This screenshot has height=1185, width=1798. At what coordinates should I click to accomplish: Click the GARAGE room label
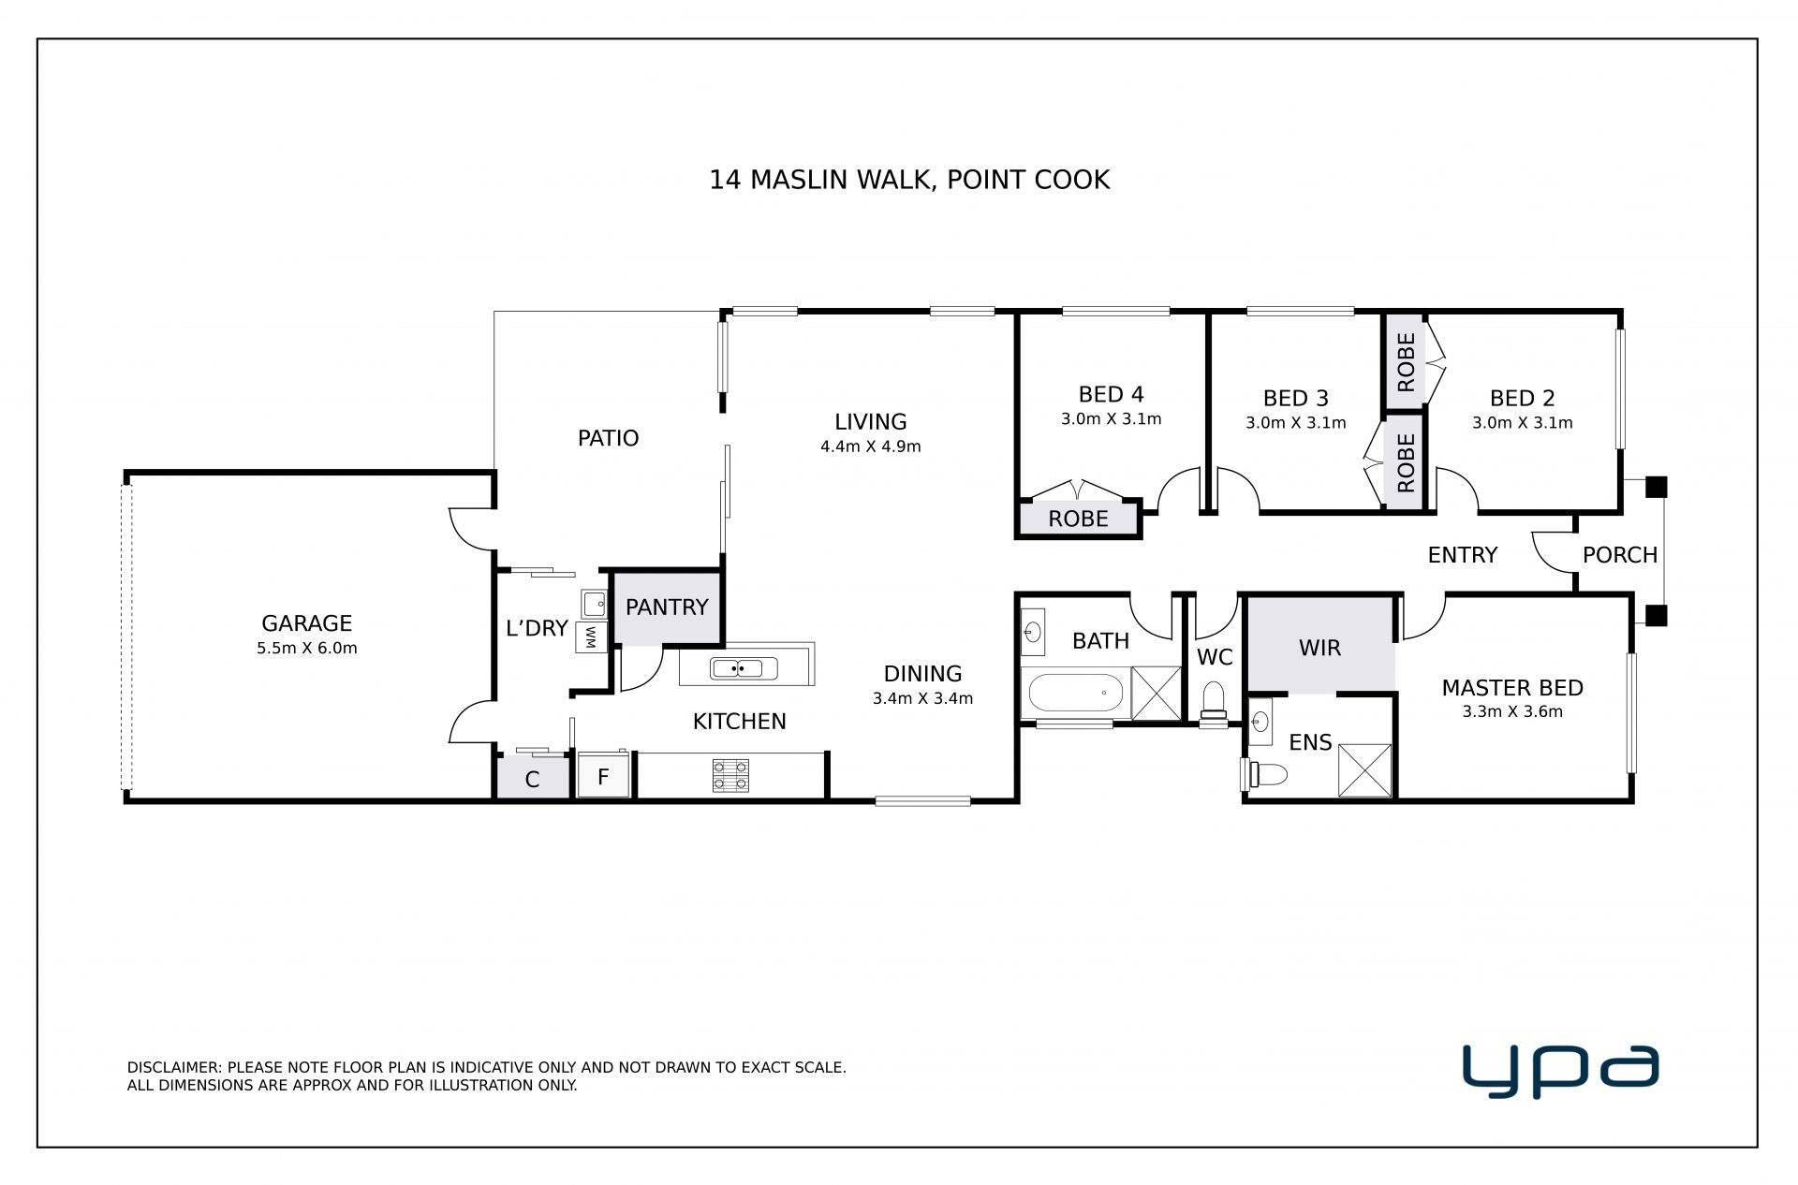(x=306, y=623)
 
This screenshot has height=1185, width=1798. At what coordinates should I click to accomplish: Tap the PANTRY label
(x=667, y=607)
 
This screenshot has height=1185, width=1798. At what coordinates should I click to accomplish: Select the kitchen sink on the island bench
(x=744, y=668)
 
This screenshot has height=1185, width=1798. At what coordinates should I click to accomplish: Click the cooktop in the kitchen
(x=730, y=775)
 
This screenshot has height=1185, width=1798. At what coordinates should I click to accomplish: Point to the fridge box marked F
(x=603, y=775)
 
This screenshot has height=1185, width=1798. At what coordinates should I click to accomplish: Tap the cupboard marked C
(x=532, y=777)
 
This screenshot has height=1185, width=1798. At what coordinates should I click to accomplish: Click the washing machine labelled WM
(x=591, y=637)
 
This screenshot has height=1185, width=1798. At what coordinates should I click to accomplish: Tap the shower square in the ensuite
(x=1365, y=770)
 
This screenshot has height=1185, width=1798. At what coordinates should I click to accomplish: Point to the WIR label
(x=1319, y=648)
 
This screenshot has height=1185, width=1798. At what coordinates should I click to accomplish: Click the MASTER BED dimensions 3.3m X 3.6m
(x=1512, y=711)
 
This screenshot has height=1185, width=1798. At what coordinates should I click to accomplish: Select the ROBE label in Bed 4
(x=1078, y=519)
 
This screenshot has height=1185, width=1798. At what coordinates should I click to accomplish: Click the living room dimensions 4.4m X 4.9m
(x=871, y=446)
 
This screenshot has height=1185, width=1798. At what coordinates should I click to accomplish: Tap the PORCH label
(x=1620, y=555)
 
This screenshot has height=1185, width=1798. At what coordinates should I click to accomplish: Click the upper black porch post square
(x=1657, y=487)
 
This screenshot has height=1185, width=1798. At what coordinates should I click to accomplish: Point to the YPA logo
(x=1561, y=1072)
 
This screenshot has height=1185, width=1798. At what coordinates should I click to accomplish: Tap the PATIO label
(x=609, y=438)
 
